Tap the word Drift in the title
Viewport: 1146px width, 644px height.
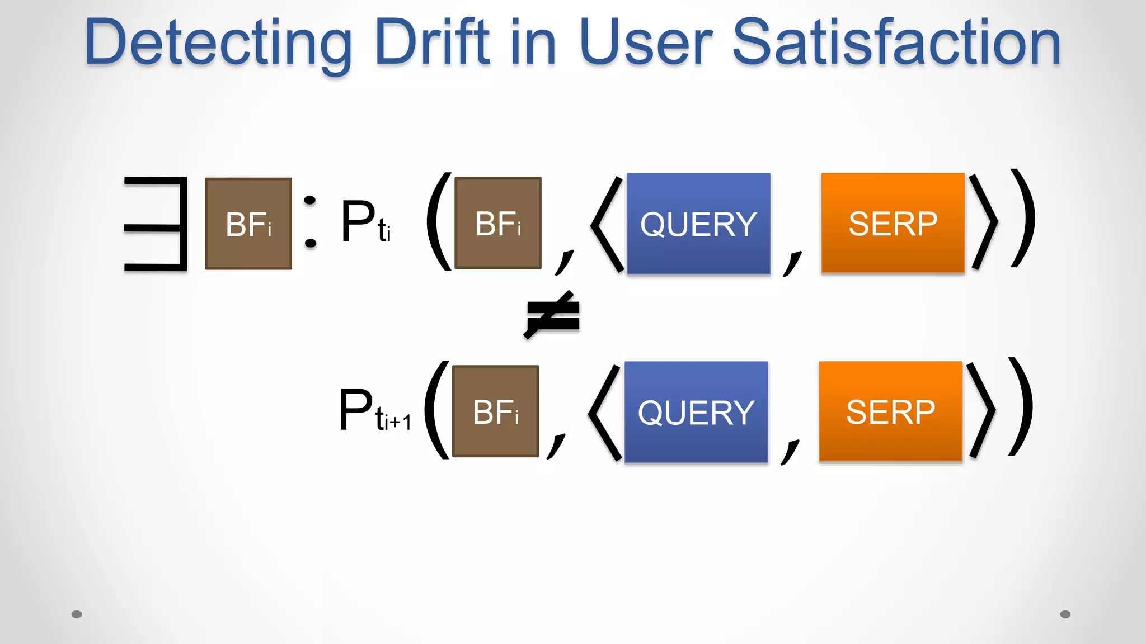pos(432,42)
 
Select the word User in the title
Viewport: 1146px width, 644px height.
pos(646,42)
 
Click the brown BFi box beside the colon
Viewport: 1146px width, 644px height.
pos(248,224)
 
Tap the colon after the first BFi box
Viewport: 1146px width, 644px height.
pos(310,221)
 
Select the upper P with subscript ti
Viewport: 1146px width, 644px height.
pos(365,222)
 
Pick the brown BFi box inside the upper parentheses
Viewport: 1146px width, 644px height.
pos(498,223)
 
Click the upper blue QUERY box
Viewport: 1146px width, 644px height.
pos(698,224)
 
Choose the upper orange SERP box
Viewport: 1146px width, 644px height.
pos(893,223)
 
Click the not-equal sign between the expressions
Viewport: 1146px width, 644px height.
pos(553,315)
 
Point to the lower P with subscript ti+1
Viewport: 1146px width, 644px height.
pos(373,411)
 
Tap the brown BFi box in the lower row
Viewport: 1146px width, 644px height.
pos(495,411)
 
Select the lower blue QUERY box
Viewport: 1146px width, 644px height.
pos(696,412)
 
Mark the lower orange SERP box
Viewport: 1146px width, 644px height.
pos(890,411)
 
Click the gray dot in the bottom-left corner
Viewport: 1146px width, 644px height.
pos(77,614)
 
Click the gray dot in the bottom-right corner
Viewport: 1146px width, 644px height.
pos(1065,614)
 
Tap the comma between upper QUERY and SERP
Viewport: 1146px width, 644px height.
pos(792,263)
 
